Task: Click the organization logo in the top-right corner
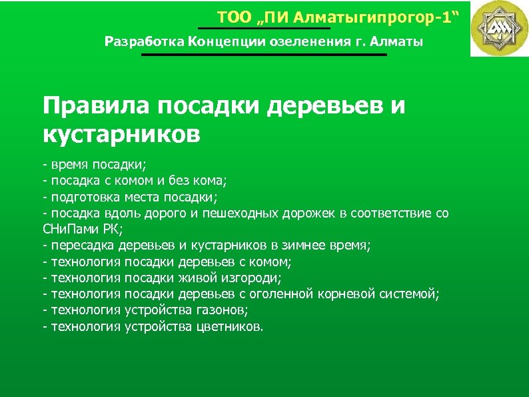pos(499,29)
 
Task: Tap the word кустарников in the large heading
pos(121,133)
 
